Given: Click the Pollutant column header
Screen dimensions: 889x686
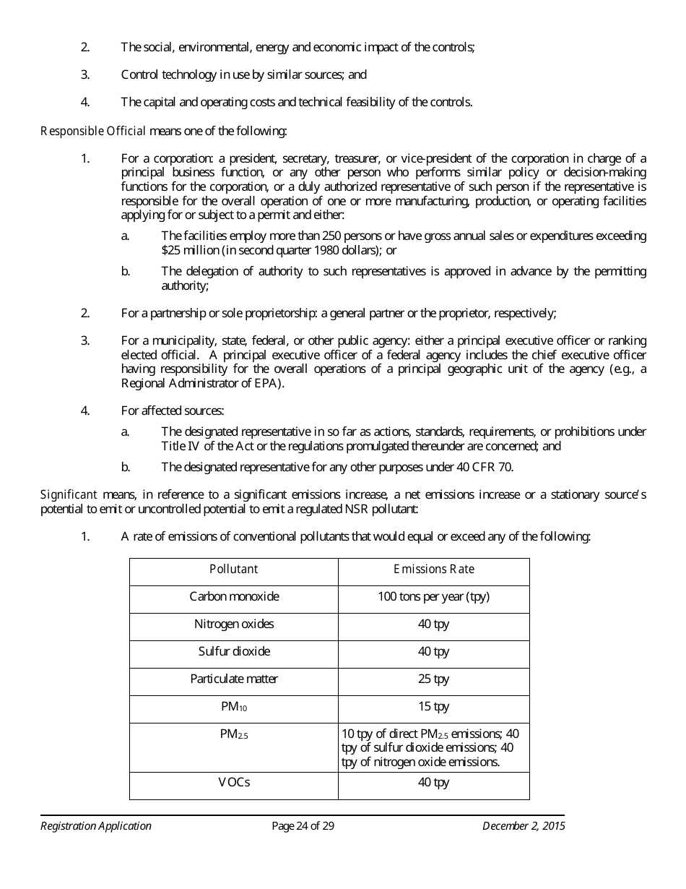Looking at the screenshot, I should coord(233,569).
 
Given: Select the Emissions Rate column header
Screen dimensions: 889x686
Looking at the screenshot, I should coord(433,569).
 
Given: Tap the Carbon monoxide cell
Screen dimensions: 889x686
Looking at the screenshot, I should coord(234,596).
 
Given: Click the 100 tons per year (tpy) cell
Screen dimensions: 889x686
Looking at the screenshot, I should coord(433,596).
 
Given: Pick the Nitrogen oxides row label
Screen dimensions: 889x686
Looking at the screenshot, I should coord(234,624).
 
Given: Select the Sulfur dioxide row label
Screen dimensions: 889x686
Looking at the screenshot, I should coord(234,651).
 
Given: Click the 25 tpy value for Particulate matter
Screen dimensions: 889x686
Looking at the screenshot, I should coord(433,679).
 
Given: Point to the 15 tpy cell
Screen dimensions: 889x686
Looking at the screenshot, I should coord(433,706).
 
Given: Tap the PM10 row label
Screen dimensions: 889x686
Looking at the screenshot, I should coord(234,707).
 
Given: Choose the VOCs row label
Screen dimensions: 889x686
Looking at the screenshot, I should coord(234,782).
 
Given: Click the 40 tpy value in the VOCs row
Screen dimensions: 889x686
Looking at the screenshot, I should coord(433,782).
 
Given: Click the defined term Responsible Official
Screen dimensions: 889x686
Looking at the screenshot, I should coord(93,131).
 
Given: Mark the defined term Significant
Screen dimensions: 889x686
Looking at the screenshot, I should coord(69,494).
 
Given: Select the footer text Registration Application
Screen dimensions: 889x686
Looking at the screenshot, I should coord(95,826).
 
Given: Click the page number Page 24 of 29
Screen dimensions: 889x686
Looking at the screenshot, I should coord(303,826).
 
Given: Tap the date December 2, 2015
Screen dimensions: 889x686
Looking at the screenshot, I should coord(524,826).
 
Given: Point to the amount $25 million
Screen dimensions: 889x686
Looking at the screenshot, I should coord(185,250).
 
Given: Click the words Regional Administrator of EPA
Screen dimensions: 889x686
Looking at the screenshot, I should coord(201,383).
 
